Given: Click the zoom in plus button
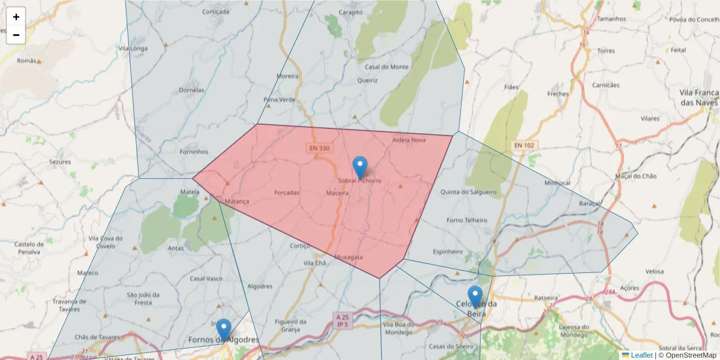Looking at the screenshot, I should coord(16,17).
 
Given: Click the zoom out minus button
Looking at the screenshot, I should coord(16,35).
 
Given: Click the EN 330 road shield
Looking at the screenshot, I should coord(320,148).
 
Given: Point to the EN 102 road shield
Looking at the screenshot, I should coord(525,146).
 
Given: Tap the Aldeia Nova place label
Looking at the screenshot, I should coord(409,140).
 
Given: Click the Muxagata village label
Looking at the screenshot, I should coord(349,257).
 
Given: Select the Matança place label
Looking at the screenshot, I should coord(236,202).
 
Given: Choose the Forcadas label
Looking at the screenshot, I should coord(286,193).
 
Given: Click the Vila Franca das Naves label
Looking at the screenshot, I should coord(699,98).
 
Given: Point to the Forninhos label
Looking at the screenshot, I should coord(194,152).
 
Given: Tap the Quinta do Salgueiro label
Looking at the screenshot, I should coord(469,193).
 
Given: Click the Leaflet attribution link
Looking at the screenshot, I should coord(641,355).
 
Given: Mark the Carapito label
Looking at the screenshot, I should coord(350,12).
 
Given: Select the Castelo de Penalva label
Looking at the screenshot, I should coord(29,248).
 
